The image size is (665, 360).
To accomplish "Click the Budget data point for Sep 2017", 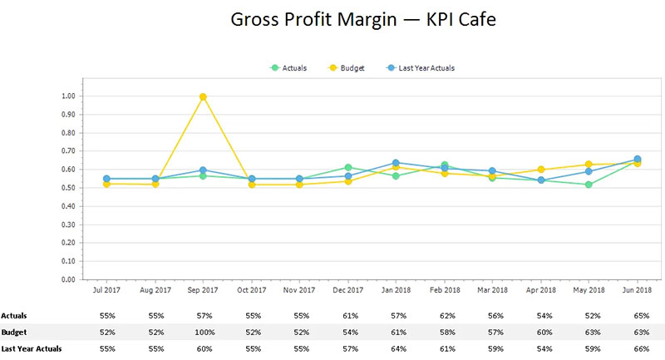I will point(203,96).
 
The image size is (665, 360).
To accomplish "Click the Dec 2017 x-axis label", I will point(348,290).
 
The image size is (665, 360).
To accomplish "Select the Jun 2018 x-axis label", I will point(638,290).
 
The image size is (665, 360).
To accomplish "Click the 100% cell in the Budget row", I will point(203,331).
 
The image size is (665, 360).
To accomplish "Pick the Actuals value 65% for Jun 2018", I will point(638,316).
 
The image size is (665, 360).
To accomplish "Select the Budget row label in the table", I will point(14,331).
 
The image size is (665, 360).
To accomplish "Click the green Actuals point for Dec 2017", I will point(348,168).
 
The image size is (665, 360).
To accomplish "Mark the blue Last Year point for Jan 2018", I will point(397,163).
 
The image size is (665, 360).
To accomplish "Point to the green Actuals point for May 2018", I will point(589,185).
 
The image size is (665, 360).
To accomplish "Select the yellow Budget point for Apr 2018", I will point(541,170).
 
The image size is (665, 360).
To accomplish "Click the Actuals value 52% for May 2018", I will point(589,316).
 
